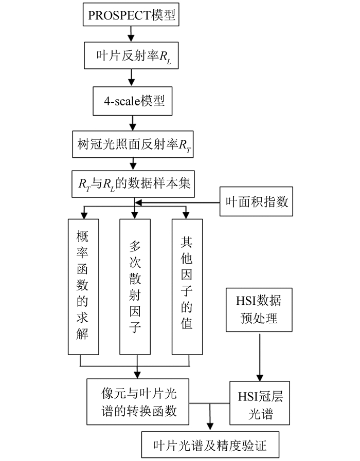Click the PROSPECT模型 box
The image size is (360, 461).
click(132, 15)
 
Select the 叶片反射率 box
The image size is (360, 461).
click(133, 56)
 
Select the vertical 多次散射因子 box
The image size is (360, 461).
click(135, 287)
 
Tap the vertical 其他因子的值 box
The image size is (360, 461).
click(187, 287)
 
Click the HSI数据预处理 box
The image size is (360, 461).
click(259, 309)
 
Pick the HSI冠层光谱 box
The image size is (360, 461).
click(259, 403)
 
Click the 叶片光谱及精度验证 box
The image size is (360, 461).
click(210, 444)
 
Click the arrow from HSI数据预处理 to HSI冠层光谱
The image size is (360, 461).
click(259, 357)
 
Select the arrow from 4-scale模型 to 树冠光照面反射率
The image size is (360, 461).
click(133, 122)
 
